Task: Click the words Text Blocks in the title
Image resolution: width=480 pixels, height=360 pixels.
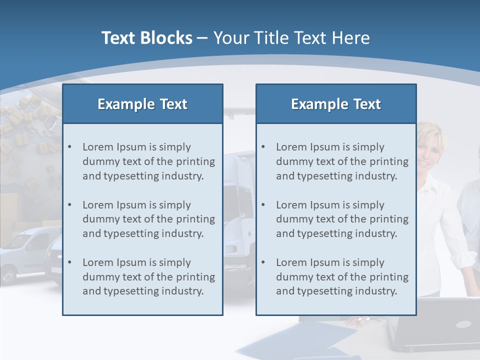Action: click(x=146, y=38)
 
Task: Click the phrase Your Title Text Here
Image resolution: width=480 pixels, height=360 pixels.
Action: click(x=291, y=38)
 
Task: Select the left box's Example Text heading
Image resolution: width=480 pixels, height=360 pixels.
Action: click(x=142, y=104)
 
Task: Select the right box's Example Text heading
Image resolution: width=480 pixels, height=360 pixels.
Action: click(x=336, y=104)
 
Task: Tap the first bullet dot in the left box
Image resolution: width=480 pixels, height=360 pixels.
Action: click(x=69, y=147)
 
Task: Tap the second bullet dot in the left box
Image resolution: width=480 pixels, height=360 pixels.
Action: click(x=69, y=205)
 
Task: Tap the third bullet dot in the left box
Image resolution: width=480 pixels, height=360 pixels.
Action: click(x=69, y=262)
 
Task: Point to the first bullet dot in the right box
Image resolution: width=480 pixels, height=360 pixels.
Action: click(x=263, y=147)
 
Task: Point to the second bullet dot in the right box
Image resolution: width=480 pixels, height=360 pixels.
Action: click(x=263, y=205)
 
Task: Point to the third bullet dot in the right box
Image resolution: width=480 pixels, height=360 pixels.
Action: click(x=263, y=262)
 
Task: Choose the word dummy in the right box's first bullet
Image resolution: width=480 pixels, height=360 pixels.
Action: click(x=292, y=161)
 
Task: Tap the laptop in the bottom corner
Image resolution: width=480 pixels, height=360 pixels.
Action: click(x=435, y=325)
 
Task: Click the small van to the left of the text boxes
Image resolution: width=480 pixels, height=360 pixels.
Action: click(x=25, y=252)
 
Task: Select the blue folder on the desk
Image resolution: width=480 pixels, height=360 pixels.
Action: click(x=295, y=340)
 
